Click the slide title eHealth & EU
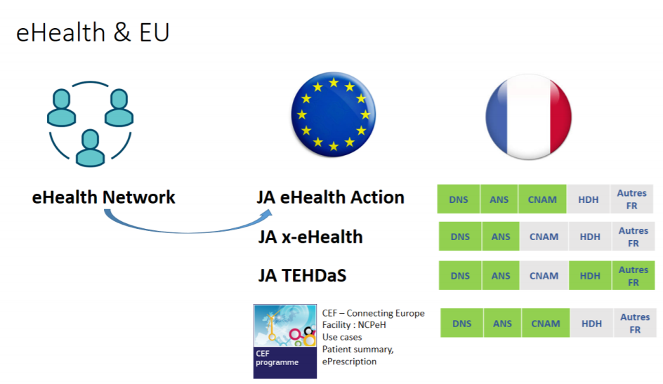click(x=93, y=32)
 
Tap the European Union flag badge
click(x=333, y=114)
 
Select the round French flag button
click(x=529, y=117)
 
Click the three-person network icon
click(x=90, y=124)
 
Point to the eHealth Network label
click(x=104, y=197)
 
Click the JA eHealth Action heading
click(x=331, y=197)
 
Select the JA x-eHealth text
click(x=310, y=237)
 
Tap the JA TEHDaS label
click(x=302, y=275)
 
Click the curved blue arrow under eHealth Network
click(x=186, y=232)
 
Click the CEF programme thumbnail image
click(x=285, y=341)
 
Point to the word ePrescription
click(x=349, y=362)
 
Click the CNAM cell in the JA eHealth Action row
click(x=542, y=199)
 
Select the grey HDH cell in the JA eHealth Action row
click(x=589, y=199)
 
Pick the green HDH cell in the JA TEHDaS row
click(x=590, y=275)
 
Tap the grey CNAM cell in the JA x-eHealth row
click(x=544, y=237)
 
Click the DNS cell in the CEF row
click(x=461, y=323)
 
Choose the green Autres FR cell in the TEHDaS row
click(x=634, y=275)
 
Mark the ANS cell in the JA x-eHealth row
click(x=501, y=237)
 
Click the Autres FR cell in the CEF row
click(x=635, y=323)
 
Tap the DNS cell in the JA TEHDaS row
click(x=460, y=275)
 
